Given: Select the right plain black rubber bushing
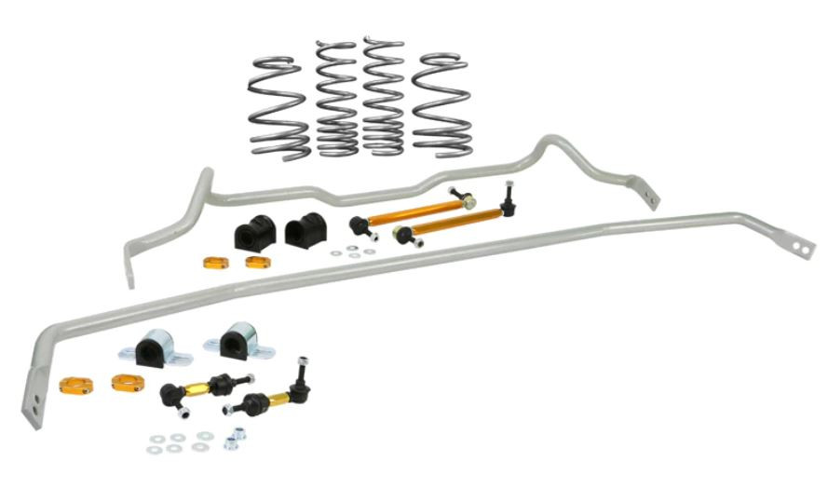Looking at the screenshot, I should pos(303,231).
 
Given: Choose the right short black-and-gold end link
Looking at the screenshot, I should pos(265,398).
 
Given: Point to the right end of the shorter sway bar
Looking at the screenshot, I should pos(649,197).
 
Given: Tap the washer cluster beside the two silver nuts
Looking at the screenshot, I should pos(177,441).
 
